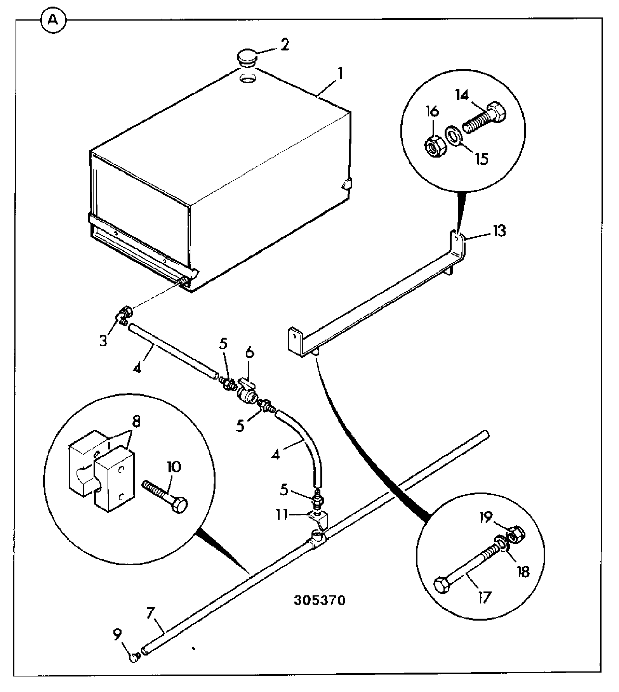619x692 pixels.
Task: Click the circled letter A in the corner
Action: [53, 20]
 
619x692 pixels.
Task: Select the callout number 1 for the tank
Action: [340, 74]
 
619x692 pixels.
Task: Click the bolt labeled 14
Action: [485, 118]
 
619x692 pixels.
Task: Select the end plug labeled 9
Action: [134, 657]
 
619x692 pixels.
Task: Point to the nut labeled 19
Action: [516, 536]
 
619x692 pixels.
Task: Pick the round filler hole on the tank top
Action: [247, 78]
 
